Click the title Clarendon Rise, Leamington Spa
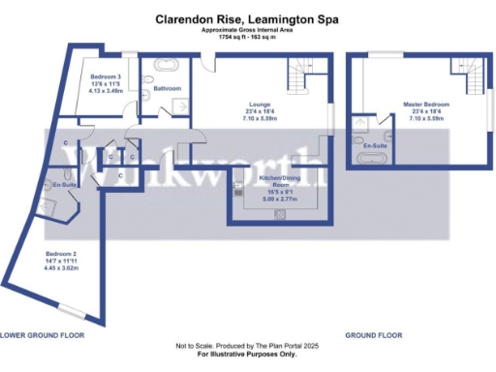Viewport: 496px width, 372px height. pos(248,18)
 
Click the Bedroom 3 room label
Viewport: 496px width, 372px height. pos(106,77)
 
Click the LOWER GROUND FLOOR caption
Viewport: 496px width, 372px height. pos(42,334)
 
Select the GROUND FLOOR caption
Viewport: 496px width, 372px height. pos(374,334)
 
